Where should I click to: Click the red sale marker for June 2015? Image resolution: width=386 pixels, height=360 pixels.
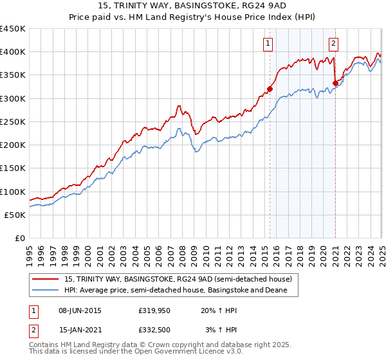270,89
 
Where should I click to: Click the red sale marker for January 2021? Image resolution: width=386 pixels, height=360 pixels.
335,83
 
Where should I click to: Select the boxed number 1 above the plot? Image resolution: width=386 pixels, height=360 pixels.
267,44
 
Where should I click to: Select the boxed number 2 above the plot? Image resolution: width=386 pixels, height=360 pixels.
334,44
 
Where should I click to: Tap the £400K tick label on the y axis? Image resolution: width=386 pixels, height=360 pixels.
13,52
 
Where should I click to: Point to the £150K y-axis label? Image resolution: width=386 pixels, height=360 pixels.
13,168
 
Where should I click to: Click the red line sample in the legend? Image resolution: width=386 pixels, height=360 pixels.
46,279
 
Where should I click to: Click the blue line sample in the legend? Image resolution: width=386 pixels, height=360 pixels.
46,291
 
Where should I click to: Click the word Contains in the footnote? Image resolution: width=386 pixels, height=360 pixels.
46,346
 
